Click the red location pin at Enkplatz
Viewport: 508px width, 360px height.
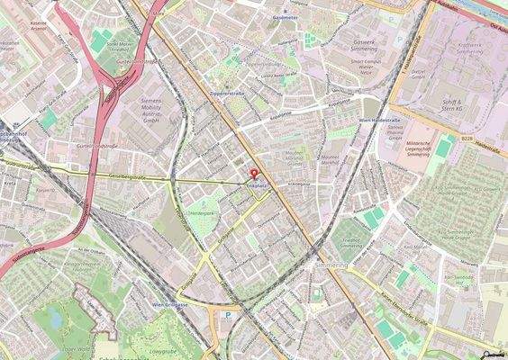253,174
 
